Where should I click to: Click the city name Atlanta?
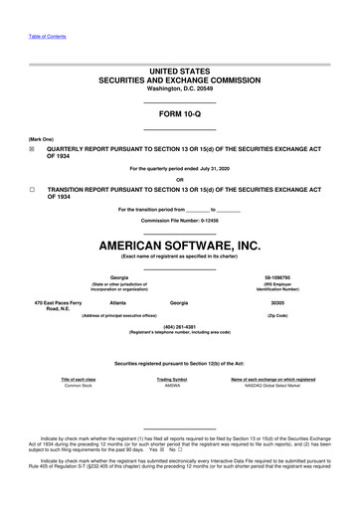click(x=118, y=301)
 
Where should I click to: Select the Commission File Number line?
click(x=180, y=220)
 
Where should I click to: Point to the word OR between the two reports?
click(x=180, y=179)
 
